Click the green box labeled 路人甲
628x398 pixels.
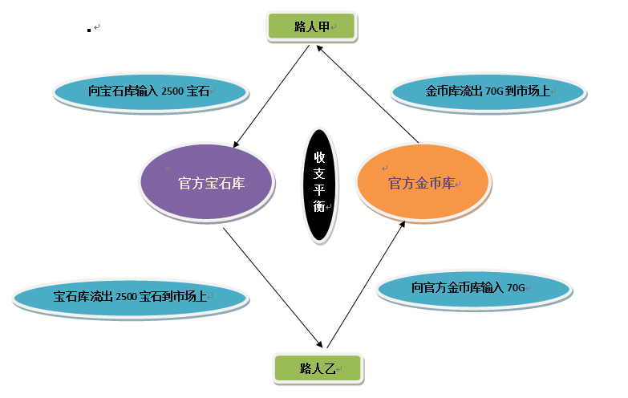(310, 26)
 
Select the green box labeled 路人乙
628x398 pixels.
(318, 368)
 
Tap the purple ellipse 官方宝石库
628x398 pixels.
(207, 183)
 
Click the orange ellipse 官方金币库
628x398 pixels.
(422, 183)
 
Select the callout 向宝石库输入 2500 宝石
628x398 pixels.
(149, 92)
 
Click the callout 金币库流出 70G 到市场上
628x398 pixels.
(488, 92)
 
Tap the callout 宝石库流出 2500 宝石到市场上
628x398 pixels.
(130, 297)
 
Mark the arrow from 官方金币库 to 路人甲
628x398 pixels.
(367, 96)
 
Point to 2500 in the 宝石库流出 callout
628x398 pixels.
(127, 297)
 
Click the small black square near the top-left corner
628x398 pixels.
(89, 30)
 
